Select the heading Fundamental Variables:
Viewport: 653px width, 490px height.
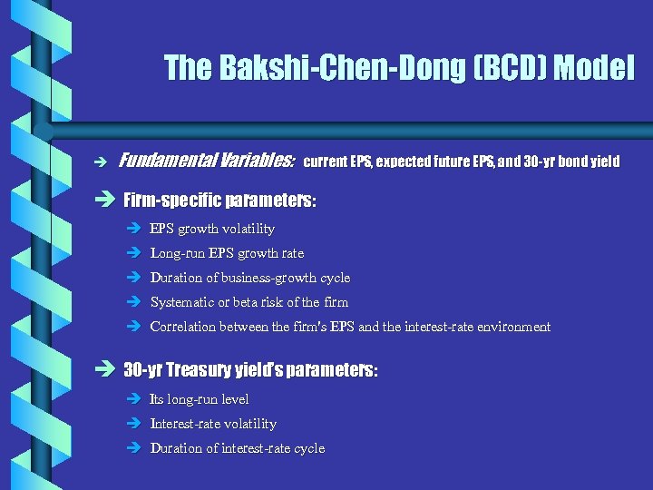point(207,162)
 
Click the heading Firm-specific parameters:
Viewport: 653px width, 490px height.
point(219,199)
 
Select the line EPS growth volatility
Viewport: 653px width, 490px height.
point(212,229)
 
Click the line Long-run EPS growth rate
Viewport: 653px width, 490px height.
point(227,253)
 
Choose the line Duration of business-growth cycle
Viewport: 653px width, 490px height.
point(249,278)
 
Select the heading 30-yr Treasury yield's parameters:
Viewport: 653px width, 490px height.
point(250,370)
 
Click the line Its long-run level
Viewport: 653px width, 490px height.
point(199,399)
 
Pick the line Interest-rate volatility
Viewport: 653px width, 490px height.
point(213,424)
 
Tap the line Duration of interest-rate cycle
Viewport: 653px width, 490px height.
point(237,448)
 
